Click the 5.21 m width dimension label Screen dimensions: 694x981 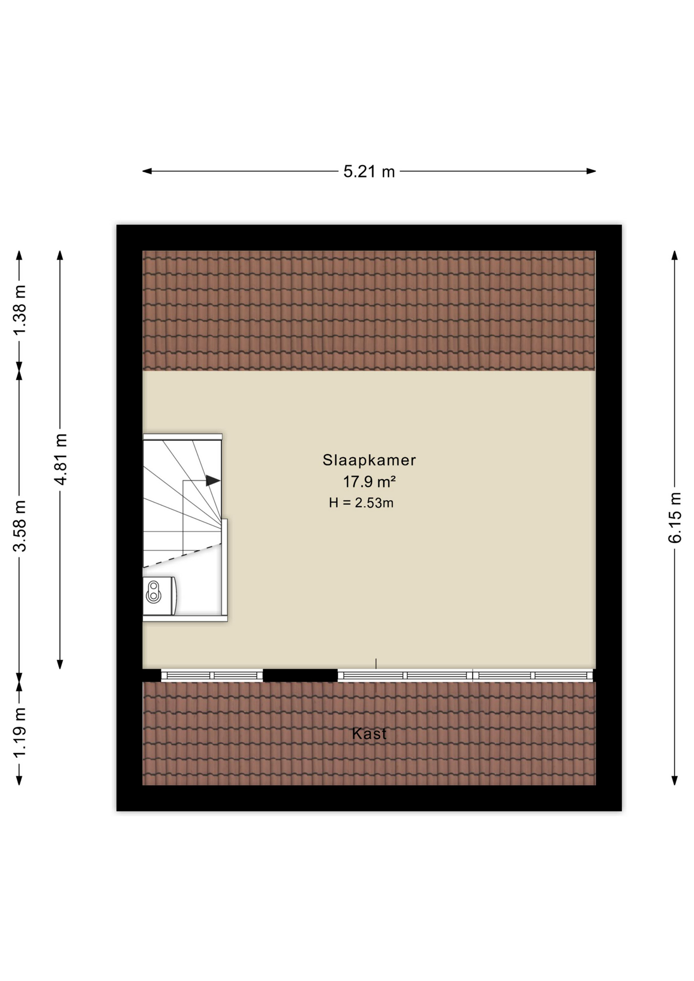[x=369, y=172]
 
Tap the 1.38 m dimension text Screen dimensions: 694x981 [x=19, y=310]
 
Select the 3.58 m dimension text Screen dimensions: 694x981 [x=19, y=526]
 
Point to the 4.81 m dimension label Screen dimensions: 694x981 [x=60, y=459]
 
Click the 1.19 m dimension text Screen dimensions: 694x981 [x=19, y=733]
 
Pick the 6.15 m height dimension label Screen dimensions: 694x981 [x=675, y=518]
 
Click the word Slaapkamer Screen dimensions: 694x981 [x=369, y=460]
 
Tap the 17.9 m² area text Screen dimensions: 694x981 [x=369, y=481]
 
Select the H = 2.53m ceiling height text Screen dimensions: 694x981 [x=361, y=503]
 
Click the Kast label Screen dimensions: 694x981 [x=369, y=734]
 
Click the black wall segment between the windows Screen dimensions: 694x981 [x=300, y=675]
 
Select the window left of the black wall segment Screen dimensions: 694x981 [x=212, y=675]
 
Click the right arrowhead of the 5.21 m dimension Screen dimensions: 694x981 [x=591, y=171]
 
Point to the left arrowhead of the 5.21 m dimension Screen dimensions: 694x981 [x=147, y=171]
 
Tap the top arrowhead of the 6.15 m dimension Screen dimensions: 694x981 [x=675, y=255]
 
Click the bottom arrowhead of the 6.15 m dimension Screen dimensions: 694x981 [x=675, y=780]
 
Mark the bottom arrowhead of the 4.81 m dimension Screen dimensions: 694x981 [x=60, y=664]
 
